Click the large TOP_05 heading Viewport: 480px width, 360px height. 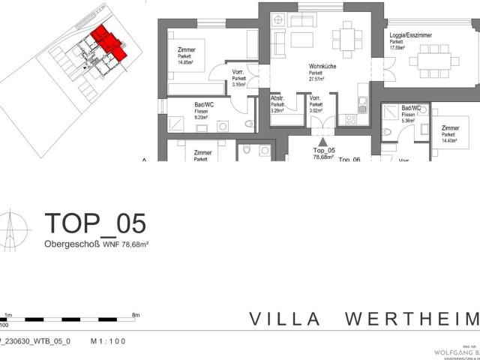tap(95, 223)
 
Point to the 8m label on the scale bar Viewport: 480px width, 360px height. tap(136, 316)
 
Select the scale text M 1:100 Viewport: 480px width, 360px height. tap(108, 341)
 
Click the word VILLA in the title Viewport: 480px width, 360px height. tap(286, 319)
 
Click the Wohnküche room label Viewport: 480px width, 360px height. tap(320, 67)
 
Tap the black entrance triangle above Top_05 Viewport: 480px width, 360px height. tap(322, 140)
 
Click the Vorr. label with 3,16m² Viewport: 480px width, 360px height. tap(239, 79)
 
